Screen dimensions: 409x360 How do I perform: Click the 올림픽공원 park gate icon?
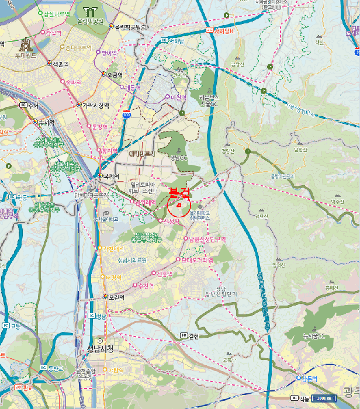tap(90, 11)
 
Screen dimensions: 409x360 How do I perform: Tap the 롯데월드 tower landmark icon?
tap(25, 44)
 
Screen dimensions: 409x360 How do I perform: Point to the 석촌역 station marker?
tap(49, 64)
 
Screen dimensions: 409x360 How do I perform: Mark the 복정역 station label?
tap(111, 176)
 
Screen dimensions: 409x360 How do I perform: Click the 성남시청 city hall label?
tap(102, 349)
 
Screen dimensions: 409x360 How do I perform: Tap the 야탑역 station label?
tap(117, 370)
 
